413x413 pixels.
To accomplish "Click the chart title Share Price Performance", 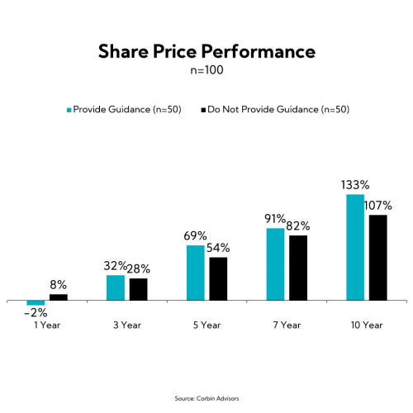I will coord(206,52).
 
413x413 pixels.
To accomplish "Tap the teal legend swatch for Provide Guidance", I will coord(69,108).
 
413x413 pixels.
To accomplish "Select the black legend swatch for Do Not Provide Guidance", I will coord(202,108).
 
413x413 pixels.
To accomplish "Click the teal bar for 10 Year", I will coord(354,247).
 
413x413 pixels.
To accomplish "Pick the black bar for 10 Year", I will coord(377,257).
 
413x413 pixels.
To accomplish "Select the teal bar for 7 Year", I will coord(275,263).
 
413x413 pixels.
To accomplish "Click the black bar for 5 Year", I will coord(218,278).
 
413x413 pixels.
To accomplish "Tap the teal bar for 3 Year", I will coord(116,287).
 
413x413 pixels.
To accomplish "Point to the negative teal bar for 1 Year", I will coord(36,302).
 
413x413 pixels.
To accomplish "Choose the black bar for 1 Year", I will coord(59,297).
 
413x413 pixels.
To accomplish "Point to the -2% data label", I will coord(36,313).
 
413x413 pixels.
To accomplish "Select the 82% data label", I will coord(299,225).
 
